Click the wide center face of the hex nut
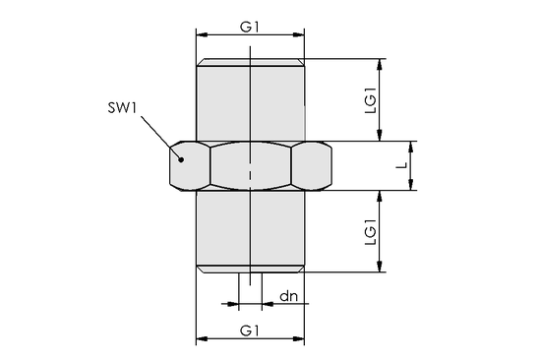pyautogui.click(x=251, y=165)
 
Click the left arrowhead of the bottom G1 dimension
pyautogui.click(x=202, y=339)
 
